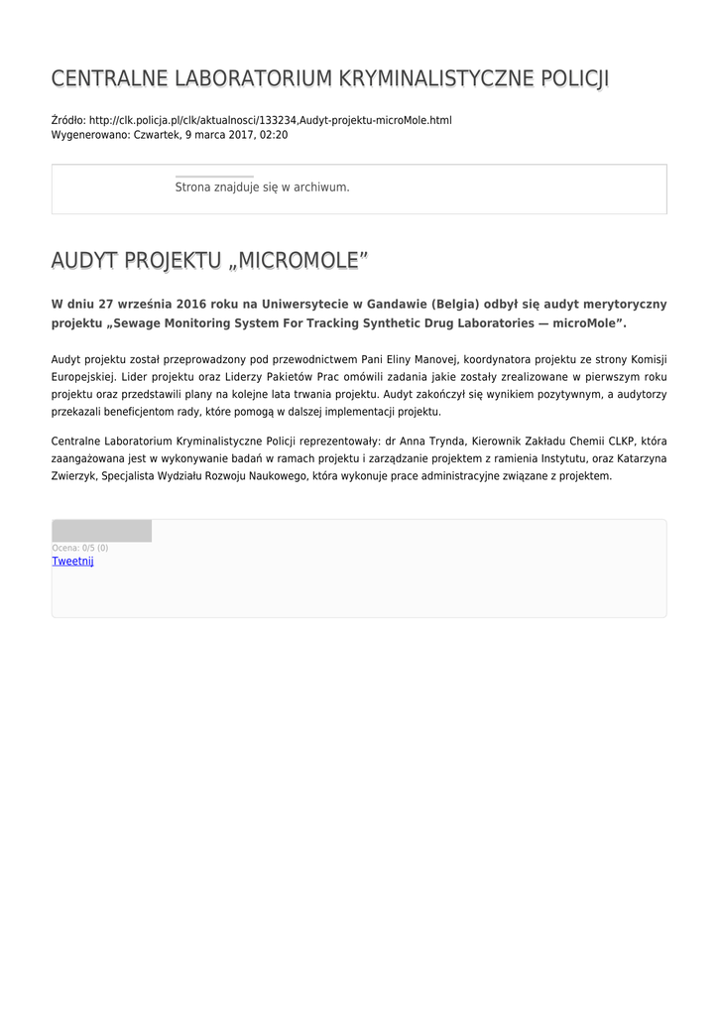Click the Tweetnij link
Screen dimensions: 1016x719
coord(72,561)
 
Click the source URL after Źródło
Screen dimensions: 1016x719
coord(270,120)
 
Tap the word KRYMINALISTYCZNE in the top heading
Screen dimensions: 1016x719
coord(420,78)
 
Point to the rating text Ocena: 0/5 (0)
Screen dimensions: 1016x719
coord(80,548)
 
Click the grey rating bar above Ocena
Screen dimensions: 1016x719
coord(101,531)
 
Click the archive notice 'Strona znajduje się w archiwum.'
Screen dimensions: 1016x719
coord(262,187)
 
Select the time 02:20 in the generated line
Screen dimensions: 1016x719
coord(274,134)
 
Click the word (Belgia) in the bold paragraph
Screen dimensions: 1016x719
coord(455,304)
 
